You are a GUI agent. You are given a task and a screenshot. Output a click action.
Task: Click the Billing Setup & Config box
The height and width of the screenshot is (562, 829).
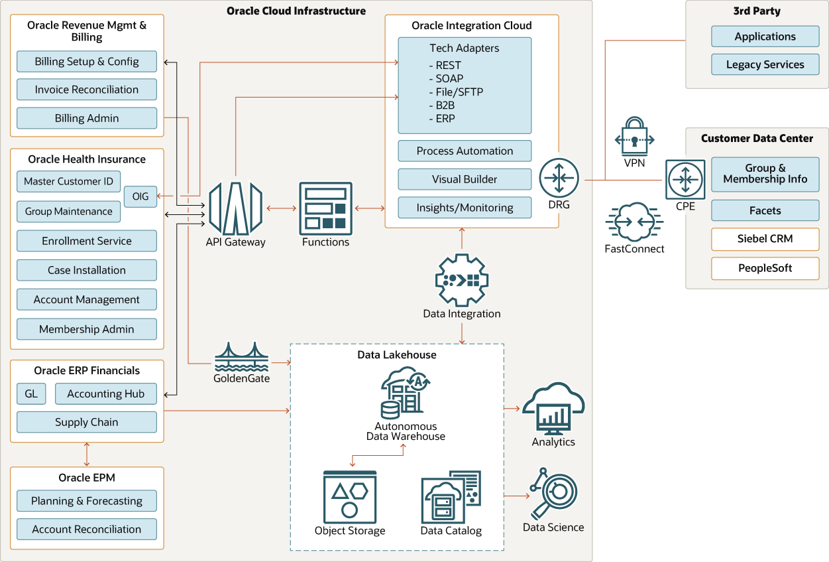[87, 62]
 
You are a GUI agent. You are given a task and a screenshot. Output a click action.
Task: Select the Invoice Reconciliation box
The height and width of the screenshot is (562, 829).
[87, 90]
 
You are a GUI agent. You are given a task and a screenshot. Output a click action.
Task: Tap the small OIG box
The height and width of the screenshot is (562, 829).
[140, 196]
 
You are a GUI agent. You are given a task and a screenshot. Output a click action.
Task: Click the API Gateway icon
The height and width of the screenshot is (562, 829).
[236, 208]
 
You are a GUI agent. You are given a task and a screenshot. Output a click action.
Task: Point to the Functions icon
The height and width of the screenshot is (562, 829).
[325, 208]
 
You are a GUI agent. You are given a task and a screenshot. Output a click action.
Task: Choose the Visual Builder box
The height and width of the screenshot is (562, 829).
[465, 179]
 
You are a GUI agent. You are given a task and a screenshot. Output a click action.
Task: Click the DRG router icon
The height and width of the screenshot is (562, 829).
[559, 178]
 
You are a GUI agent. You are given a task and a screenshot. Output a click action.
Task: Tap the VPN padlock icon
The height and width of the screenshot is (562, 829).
[634, 136]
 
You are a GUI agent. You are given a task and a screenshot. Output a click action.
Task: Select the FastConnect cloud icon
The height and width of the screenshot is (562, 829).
[634, 222]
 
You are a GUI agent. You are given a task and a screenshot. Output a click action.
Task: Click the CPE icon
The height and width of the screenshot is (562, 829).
[685, 180]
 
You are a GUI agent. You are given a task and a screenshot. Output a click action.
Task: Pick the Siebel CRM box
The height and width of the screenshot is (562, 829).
[765, 239]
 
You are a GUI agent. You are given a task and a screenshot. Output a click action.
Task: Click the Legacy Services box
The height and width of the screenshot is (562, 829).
[765, 64]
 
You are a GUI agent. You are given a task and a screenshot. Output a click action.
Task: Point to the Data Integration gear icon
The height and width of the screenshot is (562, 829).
[462, 280]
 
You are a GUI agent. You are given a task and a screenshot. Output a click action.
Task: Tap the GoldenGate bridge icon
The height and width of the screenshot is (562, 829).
[242, 357]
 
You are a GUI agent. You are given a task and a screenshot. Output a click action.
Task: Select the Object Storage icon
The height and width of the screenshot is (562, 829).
[350, 497]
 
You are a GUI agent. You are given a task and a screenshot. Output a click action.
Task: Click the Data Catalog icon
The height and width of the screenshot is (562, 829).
[451, 497]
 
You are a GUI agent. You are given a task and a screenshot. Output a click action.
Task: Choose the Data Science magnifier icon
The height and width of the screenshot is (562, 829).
[553, 494]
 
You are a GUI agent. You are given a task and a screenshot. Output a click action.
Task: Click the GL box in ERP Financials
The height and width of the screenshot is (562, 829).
[31, 394]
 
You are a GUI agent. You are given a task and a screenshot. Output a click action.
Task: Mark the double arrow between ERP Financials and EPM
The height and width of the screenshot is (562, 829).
[87, 455]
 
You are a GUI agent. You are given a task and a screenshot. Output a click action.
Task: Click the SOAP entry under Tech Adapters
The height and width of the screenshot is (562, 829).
[447, 78]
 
